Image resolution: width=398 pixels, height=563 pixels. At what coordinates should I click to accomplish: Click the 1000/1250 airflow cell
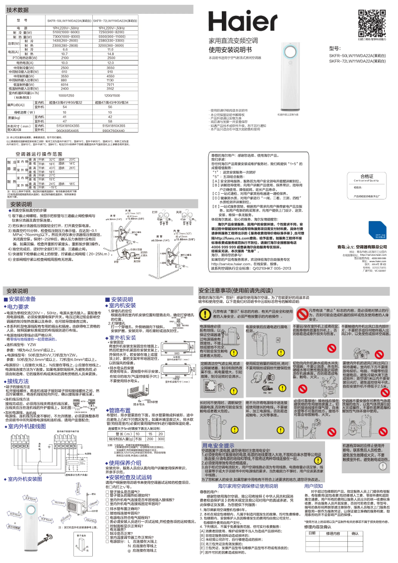66,95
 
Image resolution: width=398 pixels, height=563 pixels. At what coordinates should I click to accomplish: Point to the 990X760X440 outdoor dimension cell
113,131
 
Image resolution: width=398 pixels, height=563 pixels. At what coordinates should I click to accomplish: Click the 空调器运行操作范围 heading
37,155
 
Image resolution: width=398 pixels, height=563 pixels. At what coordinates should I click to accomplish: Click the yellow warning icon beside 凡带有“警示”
204,313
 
